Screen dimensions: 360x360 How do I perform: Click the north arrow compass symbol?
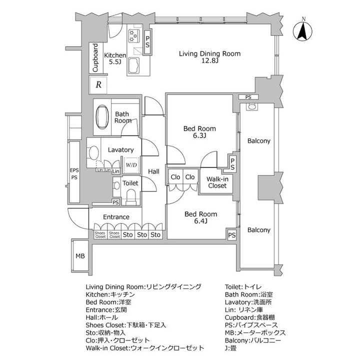click(x=302, y=30)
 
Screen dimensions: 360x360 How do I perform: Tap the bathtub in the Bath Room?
click(x=102, y=117)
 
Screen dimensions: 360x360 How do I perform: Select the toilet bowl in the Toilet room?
click(x=131, y=196)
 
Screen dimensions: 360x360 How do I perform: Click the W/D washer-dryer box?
click(x=131, y=165)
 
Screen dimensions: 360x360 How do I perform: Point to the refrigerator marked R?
click(x=98, y=84)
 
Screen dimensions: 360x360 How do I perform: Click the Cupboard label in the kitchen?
click(x=95, y=58)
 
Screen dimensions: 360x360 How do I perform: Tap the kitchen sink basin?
click(x=133, y=65)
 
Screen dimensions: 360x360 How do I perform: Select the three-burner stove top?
click(x=134, y=36)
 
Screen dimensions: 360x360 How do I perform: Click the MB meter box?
click(x=80, y=256)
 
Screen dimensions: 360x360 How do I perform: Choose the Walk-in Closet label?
click(x=217, y=182)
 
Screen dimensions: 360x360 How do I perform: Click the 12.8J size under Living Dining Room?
click(x=210, y=61)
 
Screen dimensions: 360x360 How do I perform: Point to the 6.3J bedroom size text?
click(x=199, y=135)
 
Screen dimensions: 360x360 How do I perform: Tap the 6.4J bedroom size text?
click(x=201, y=221)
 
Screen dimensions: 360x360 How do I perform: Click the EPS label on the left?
click(x=74, y=170)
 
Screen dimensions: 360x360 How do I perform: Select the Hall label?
click(x=153, y=171)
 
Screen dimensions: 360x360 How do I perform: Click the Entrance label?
click(x=116, y=217)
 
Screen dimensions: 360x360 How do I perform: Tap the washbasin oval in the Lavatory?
click(x=94, y=152)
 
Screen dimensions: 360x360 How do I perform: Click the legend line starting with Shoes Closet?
click(x=126, y=325)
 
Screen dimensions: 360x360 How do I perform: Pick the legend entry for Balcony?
click(x=253, y=340)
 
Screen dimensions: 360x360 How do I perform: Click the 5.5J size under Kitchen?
click(x=115, y=62)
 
